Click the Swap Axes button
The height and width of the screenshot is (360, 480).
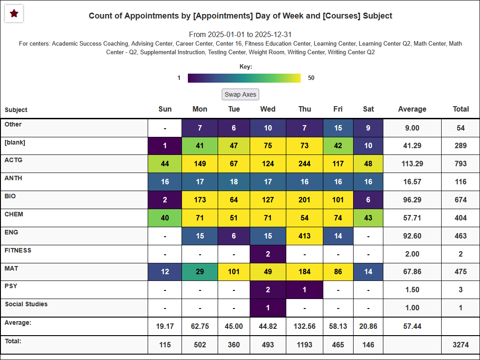pyautogui.click(x=241, y=94)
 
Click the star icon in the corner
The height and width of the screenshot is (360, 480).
pyautogui.click(x=14, y=14)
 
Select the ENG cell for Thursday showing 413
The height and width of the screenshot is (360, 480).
pyautogui.click(x=304, y=236)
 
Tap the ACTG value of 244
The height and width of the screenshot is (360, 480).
pyautogui.click(x=304, y=164)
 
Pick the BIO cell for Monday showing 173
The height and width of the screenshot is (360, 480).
pyautogui.click(x=200, y=200)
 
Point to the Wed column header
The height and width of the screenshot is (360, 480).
pyautogui.click(x=268, y=109)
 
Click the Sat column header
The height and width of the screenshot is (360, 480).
pyautogui.click(x=368, y=109)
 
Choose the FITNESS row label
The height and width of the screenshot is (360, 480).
pyautogui.click(x=18, y=250)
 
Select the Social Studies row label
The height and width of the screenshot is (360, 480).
pyautogui.click(x=26, y=304)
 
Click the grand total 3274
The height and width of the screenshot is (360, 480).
pyautogui.click(x=461, y=345)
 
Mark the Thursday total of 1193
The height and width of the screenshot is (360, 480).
pyautogui.click(x=304, y=345)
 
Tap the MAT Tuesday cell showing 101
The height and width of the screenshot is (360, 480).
pyautogui.click(x=234, y=272)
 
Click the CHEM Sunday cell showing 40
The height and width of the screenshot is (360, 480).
pyautogui.click(x=165, y=218)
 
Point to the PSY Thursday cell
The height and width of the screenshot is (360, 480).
pyautogui.click(x=304, y=290)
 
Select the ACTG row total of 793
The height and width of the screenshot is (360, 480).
pyautogui.click(x=461, y=164)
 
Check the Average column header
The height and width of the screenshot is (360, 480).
pyautogui.click(x=412, y=109)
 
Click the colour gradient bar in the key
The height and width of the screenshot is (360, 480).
pyautogui.click(x=244, y=78)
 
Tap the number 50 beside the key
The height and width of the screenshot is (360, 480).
pyautogui.click(x=311, y=78)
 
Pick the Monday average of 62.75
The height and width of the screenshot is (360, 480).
pyautogui.click(x=200, y=326)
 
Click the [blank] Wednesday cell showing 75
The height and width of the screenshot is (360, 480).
pyautogui.click(x=268, y=145)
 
